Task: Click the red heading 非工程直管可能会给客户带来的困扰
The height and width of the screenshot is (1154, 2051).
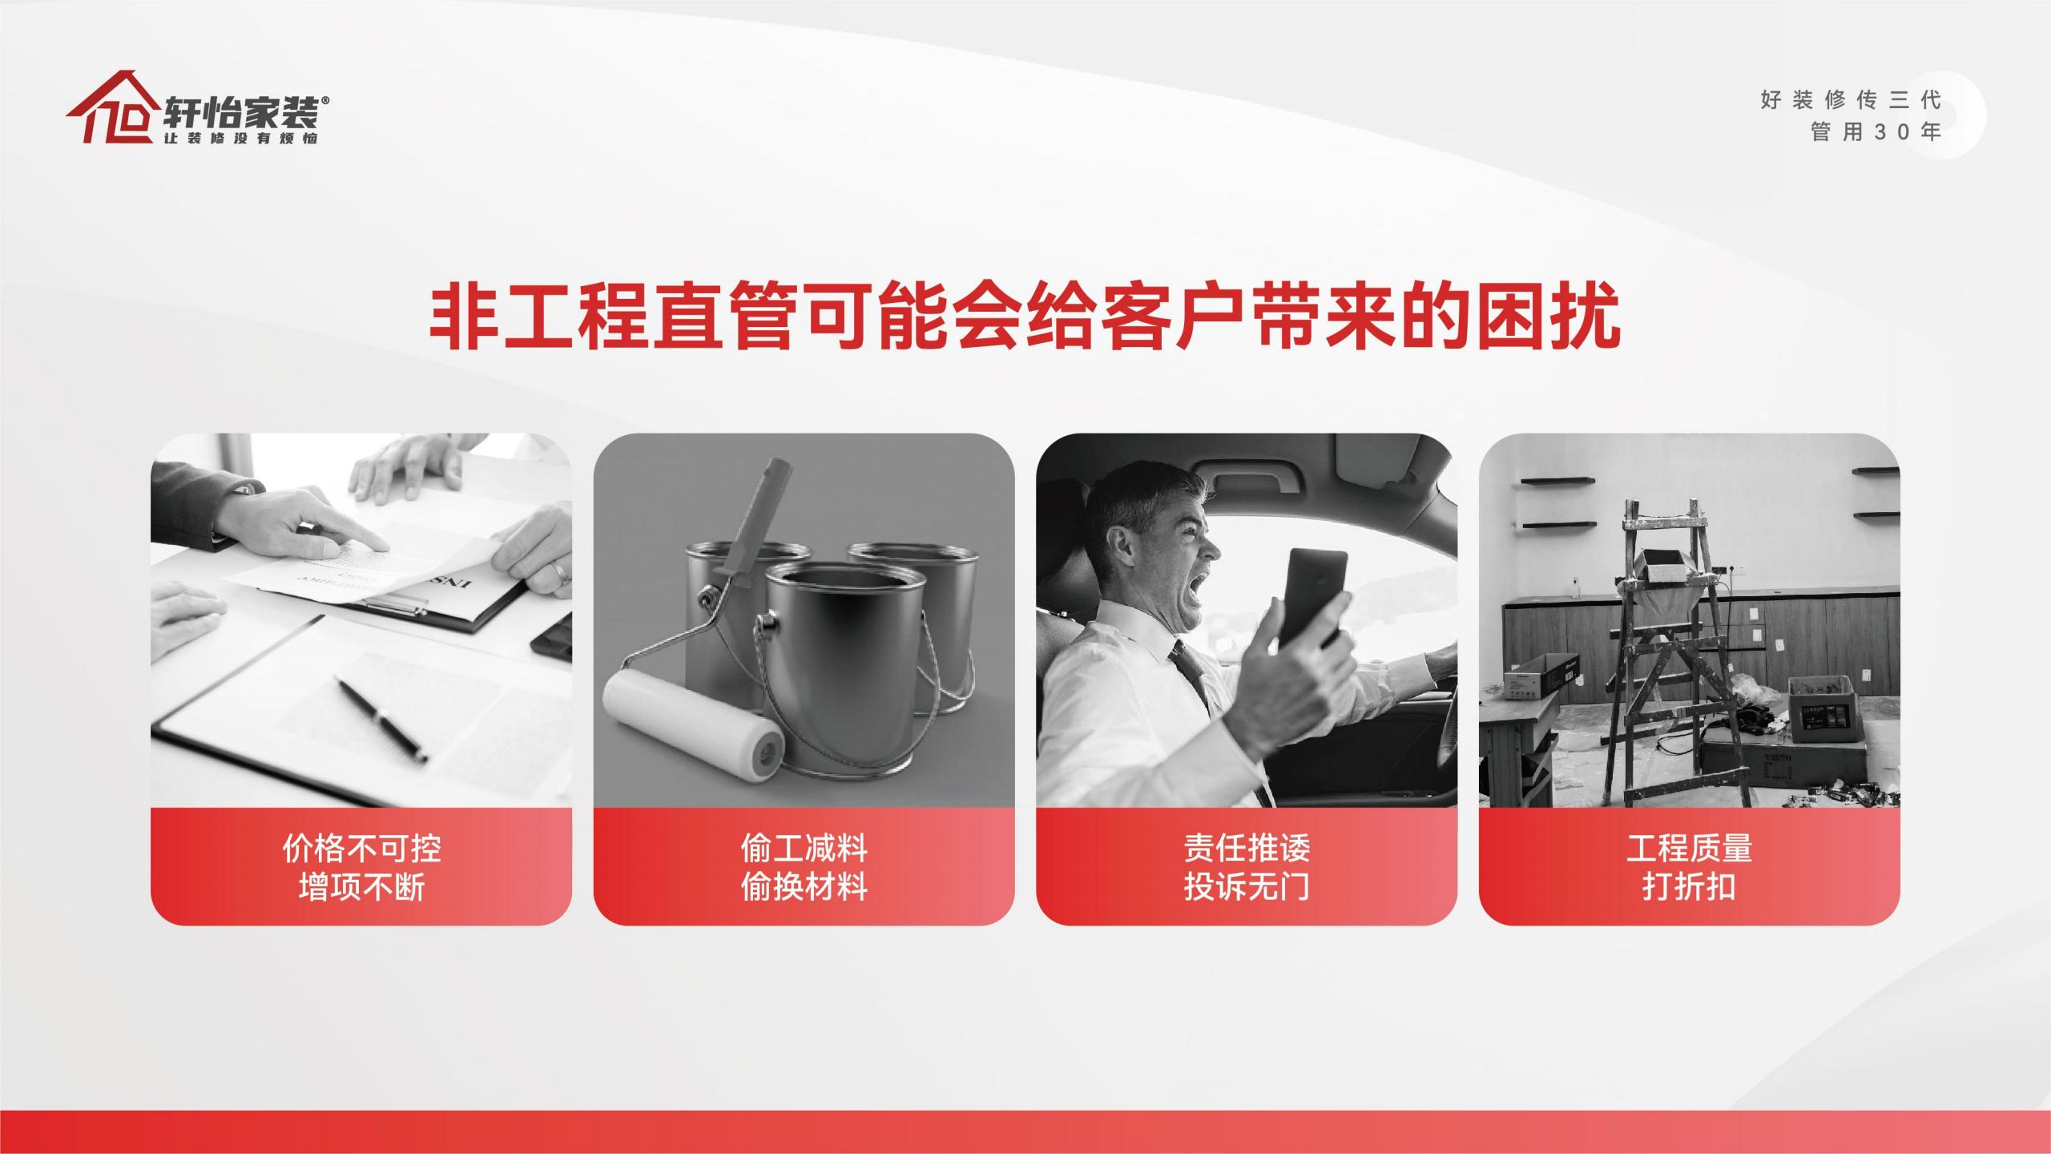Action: (x=1025, y=319)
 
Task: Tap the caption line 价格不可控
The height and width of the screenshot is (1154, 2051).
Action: (x=361, y=848)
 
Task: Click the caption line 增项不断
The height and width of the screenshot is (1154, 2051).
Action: (x=361, y=886)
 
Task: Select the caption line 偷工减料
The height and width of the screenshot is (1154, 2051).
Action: (x=804, y=848)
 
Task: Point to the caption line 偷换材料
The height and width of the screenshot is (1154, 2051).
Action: (x=804, y=886)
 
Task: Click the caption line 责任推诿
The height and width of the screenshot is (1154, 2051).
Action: (x=1247, y=848)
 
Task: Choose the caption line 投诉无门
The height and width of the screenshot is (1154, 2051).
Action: (x=1247, y=886)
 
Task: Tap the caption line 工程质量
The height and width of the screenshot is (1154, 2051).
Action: (x=1689, y=848)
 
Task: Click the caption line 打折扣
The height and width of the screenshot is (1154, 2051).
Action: (x=1689, y=886)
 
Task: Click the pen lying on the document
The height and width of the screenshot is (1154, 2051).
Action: (x=381, y=720)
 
